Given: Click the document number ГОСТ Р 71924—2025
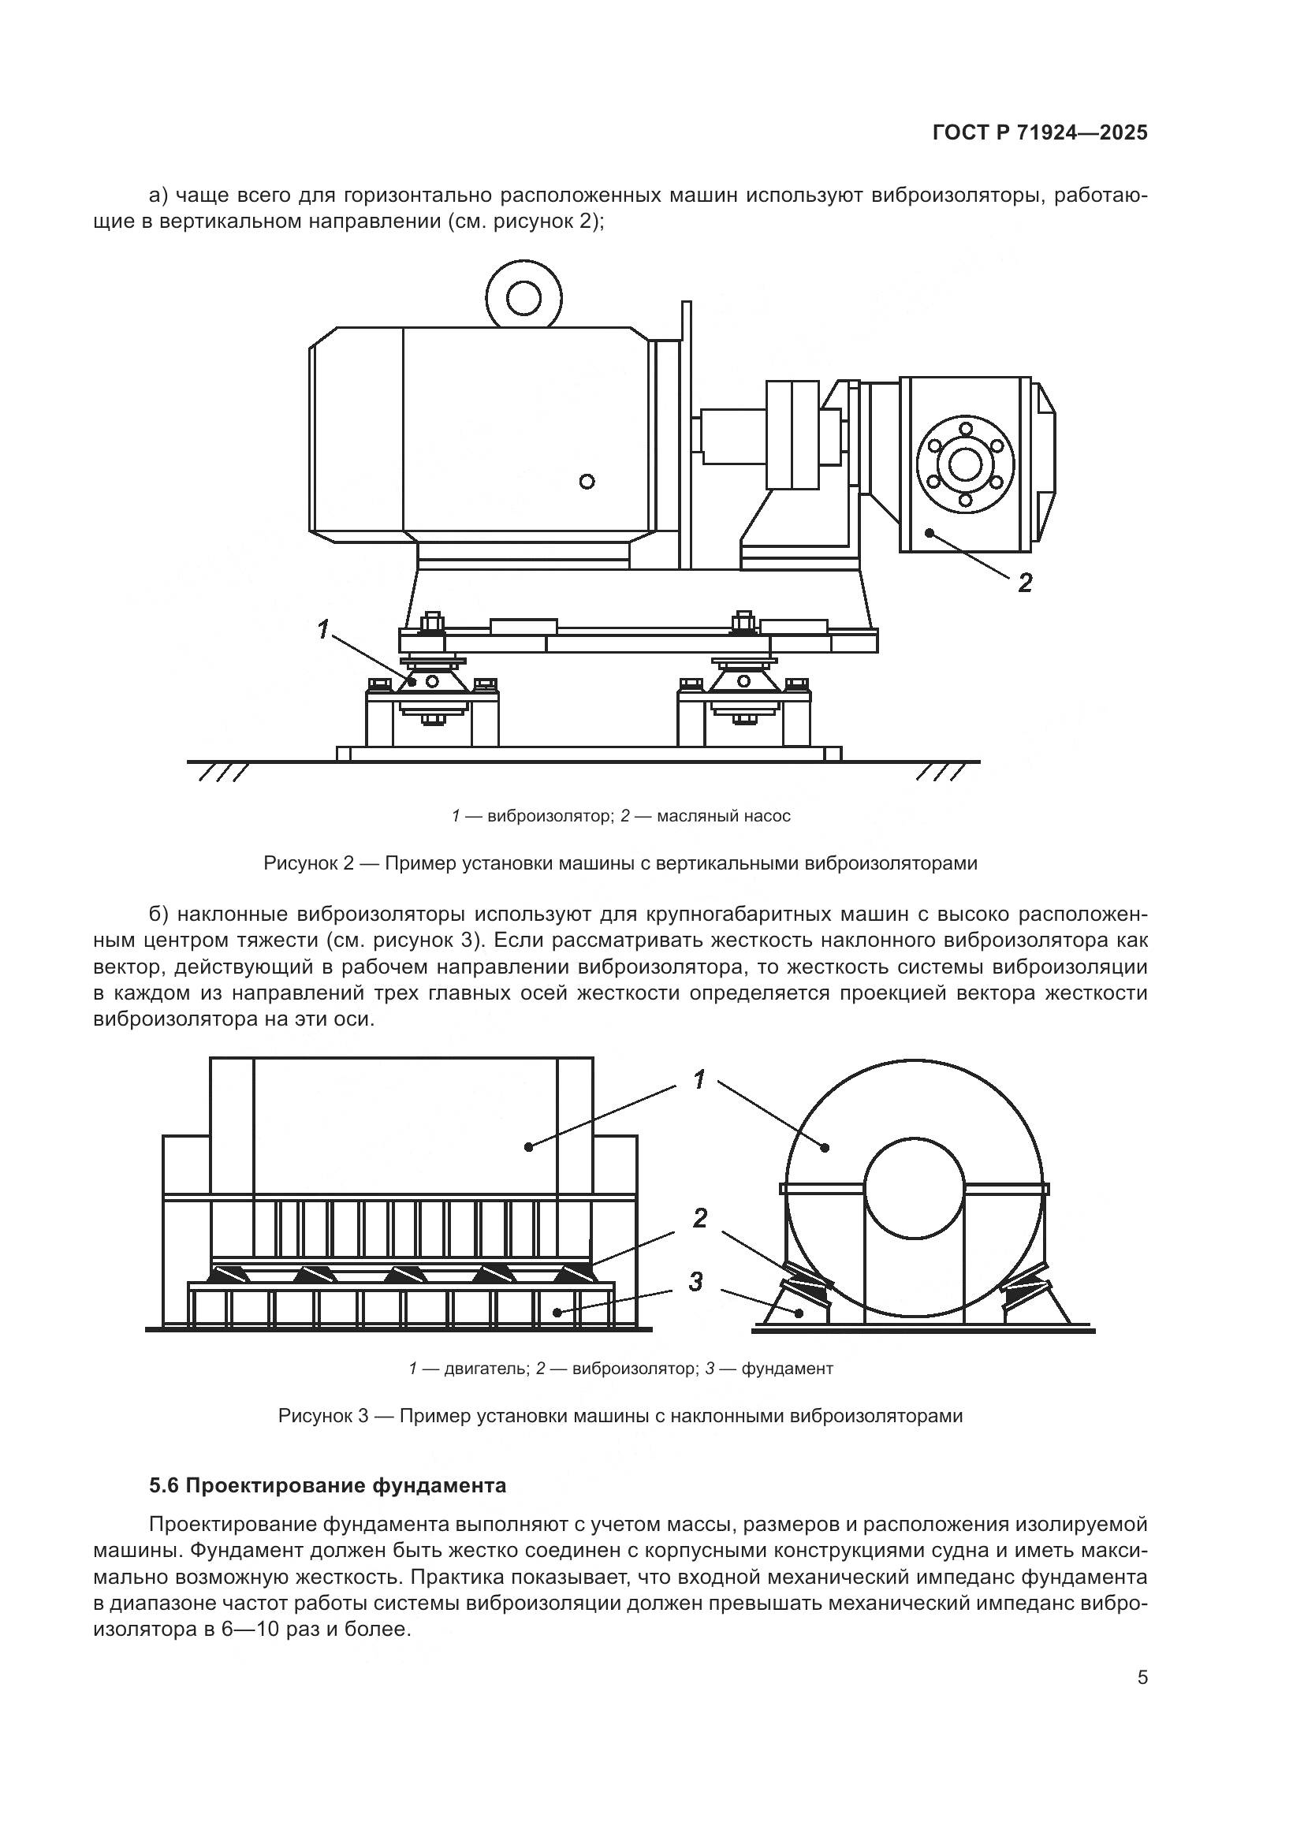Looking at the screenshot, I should click(1040, 133).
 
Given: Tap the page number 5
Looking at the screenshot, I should click(1142, 1678).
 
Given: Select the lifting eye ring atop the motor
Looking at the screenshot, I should click(524, 300).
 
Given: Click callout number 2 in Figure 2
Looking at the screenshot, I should click(1025, 583).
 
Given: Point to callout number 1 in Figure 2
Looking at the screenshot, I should click(323, 630).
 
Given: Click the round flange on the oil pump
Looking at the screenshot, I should click(965, 464).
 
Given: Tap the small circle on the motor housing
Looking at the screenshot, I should click(587, 481).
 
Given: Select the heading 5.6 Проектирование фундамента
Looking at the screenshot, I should click(328, 1486).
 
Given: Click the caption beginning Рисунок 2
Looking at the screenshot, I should click(620, 863).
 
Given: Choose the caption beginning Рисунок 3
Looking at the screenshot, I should click(620, 1416).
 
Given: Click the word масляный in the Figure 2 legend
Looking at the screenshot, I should click(690, 816).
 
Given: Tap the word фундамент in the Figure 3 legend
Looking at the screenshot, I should click(787, 1369).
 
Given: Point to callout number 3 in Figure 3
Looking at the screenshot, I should click(695, 1282).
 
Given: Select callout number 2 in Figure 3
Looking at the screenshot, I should click(699, 1218).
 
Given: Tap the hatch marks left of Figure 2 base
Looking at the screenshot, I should click(222, 773).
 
